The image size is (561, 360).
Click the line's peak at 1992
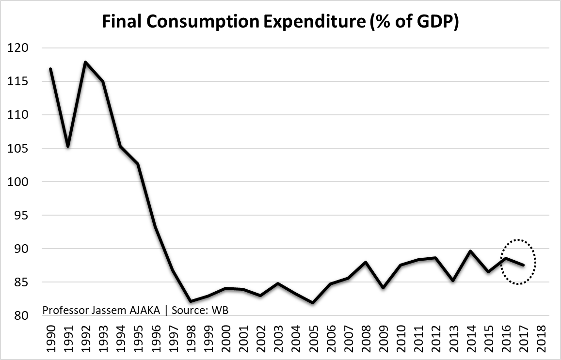(85, 62)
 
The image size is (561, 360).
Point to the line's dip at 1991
(68, 146)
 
